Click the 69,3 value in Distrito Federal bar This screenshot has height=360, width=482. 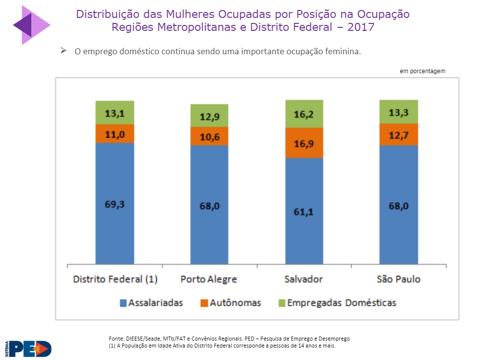(x=115, y=204)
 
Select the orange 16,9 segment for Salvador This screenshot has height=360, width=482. (x=304, y=143)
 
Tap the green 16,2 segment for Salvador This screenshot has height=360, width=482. (x=304, y=114)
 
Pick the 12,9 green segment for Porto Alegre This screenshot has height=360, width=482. (x=209, y=116)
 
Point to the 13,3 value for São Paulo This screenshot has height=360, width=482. (x=398, y=112)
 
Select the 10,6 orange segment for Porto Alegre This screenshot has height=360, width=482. (x=209, y=136)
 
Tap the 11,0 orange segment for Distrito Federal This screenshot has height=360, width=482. (x=115, y=133)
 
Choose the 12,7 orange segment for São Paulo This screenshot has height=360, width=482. (x=398, y=134)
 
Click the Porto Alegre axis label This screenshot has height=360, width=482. (x=209, y=279)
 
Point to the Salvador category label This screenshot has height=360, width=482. (x=304, y=279)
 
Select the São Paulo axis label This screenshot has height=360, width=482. (x=398, y=279)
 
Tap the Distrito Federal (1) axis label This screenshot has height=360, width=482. (x=115, y=279)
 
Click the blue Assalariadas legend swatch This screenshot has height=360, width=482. (x=122, y=303)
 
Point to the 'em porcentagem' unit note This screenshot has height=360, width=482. (x=422, y=71)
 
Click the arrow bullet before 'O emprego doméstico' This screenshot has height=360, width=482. (x=63, y=51)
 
